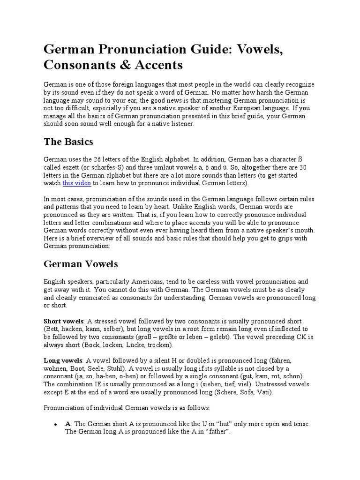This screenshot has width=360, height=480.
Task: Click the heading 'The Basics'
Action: pyautogui.click(x=68, y=142)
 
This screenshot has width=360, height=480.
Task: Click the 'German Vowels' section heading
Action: pyautogui.click(x=81, y=264)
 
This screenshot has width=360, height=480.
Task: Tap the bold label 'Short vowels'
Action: pyautogui.click(x=64, y=321)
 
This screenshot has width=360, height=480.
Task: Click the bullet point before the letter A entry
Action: pyautogui.click(x=56, y=424)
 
